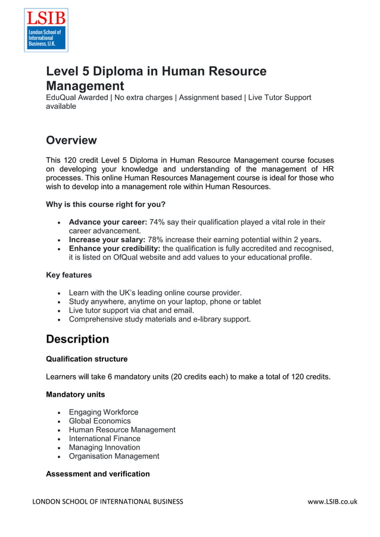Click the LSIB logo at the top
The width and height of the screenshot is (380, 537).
[x=46, y=30]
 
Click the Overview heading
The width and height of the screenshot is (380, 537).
[x=71, y=140]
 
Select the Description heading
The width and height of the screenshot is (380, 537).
[x=77, y=339]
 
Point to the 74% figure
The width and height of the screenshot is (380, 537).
[x=157, y=222]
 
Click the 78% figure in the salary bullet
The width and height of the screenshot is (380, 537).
[x=155, y=240]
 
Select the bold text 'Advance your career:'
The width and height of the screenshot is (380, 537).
[x=108, y=222]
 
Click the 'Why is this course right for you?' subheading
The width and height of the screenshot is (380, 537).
[x=105, y=205]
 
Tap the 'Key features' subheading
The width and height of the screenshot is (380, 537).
[x=69, y=275]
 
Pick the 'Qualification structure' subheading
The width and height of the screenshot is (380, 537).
[x=86, y=359]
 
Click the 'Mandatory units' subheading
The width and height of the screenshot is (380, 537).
[x=75, y=394]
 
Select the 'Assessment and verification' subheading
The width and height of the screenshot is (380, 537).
[x=98, y=474]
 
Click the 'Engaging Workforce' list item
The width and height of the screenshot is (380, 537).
[x=104, y=412]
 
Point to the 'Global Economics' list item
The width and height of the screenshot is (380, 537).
[x=99, y=421]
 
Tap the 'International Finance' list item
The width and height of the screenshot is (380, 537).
[x=105, y=439]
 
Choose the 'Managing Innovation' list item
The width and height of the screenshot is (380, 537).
[x=104, y=447]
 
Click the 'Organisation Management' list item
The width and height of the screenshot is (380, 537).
[x=114, y=456]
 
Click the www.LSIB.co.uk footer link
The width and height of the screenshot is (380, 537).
[x=332, y=501]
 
